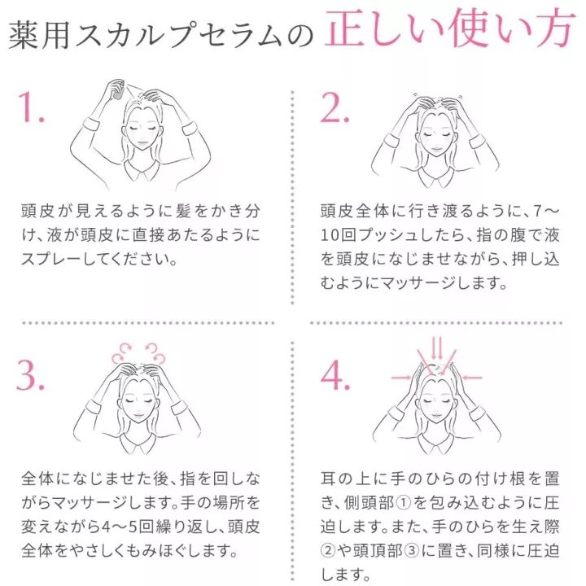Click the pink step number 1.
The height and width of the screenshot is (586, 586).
pyautogui.click(x=31, y=107)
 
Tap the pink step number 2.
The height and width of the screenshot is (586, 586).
pyautogui.click(x=335, y=107)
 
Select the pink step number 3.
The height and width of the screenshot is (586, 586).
pyautogui.click(x=31, y=375)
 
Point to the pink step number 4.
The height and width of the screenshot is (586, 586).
pyautogui.click(x=335, y=375)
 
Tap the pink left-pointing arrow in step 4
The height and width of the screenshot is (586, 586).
pyautogui.click(x=472, y=378)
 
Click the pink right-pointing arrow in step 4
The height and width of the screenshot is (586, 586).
pyautogui.click(x=401, y=378)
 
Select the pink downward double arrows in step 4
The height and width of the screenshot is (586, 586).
pyautogui.click(x=437, y=348)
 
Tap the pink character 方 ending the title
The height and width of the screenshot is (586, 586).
pyautogui.click(x=554, y=29)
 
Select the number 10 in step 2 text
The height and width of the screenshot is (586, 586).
pyautogui.click(x=330, y=235)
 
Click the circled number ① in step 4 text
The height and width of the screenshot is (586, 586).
pyautogui.click(x=403, y=503)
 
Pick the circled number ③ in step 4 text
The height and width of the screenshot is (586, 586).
pyautogui.click(x=412, y=550)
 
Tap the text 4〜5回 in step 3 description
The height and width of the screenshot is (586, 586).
pyautogui.click(x=128, y=527)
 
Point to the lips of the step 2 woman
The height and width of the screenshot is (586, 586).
pyautogui.click(x=436, y=151)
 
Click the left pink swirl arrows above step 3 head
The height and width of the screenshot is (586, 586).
pyautogui.click(x=121, y=352)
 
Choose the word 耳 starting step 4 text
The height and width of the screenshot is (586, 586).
pyautogui.click(x=328, y=479)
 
